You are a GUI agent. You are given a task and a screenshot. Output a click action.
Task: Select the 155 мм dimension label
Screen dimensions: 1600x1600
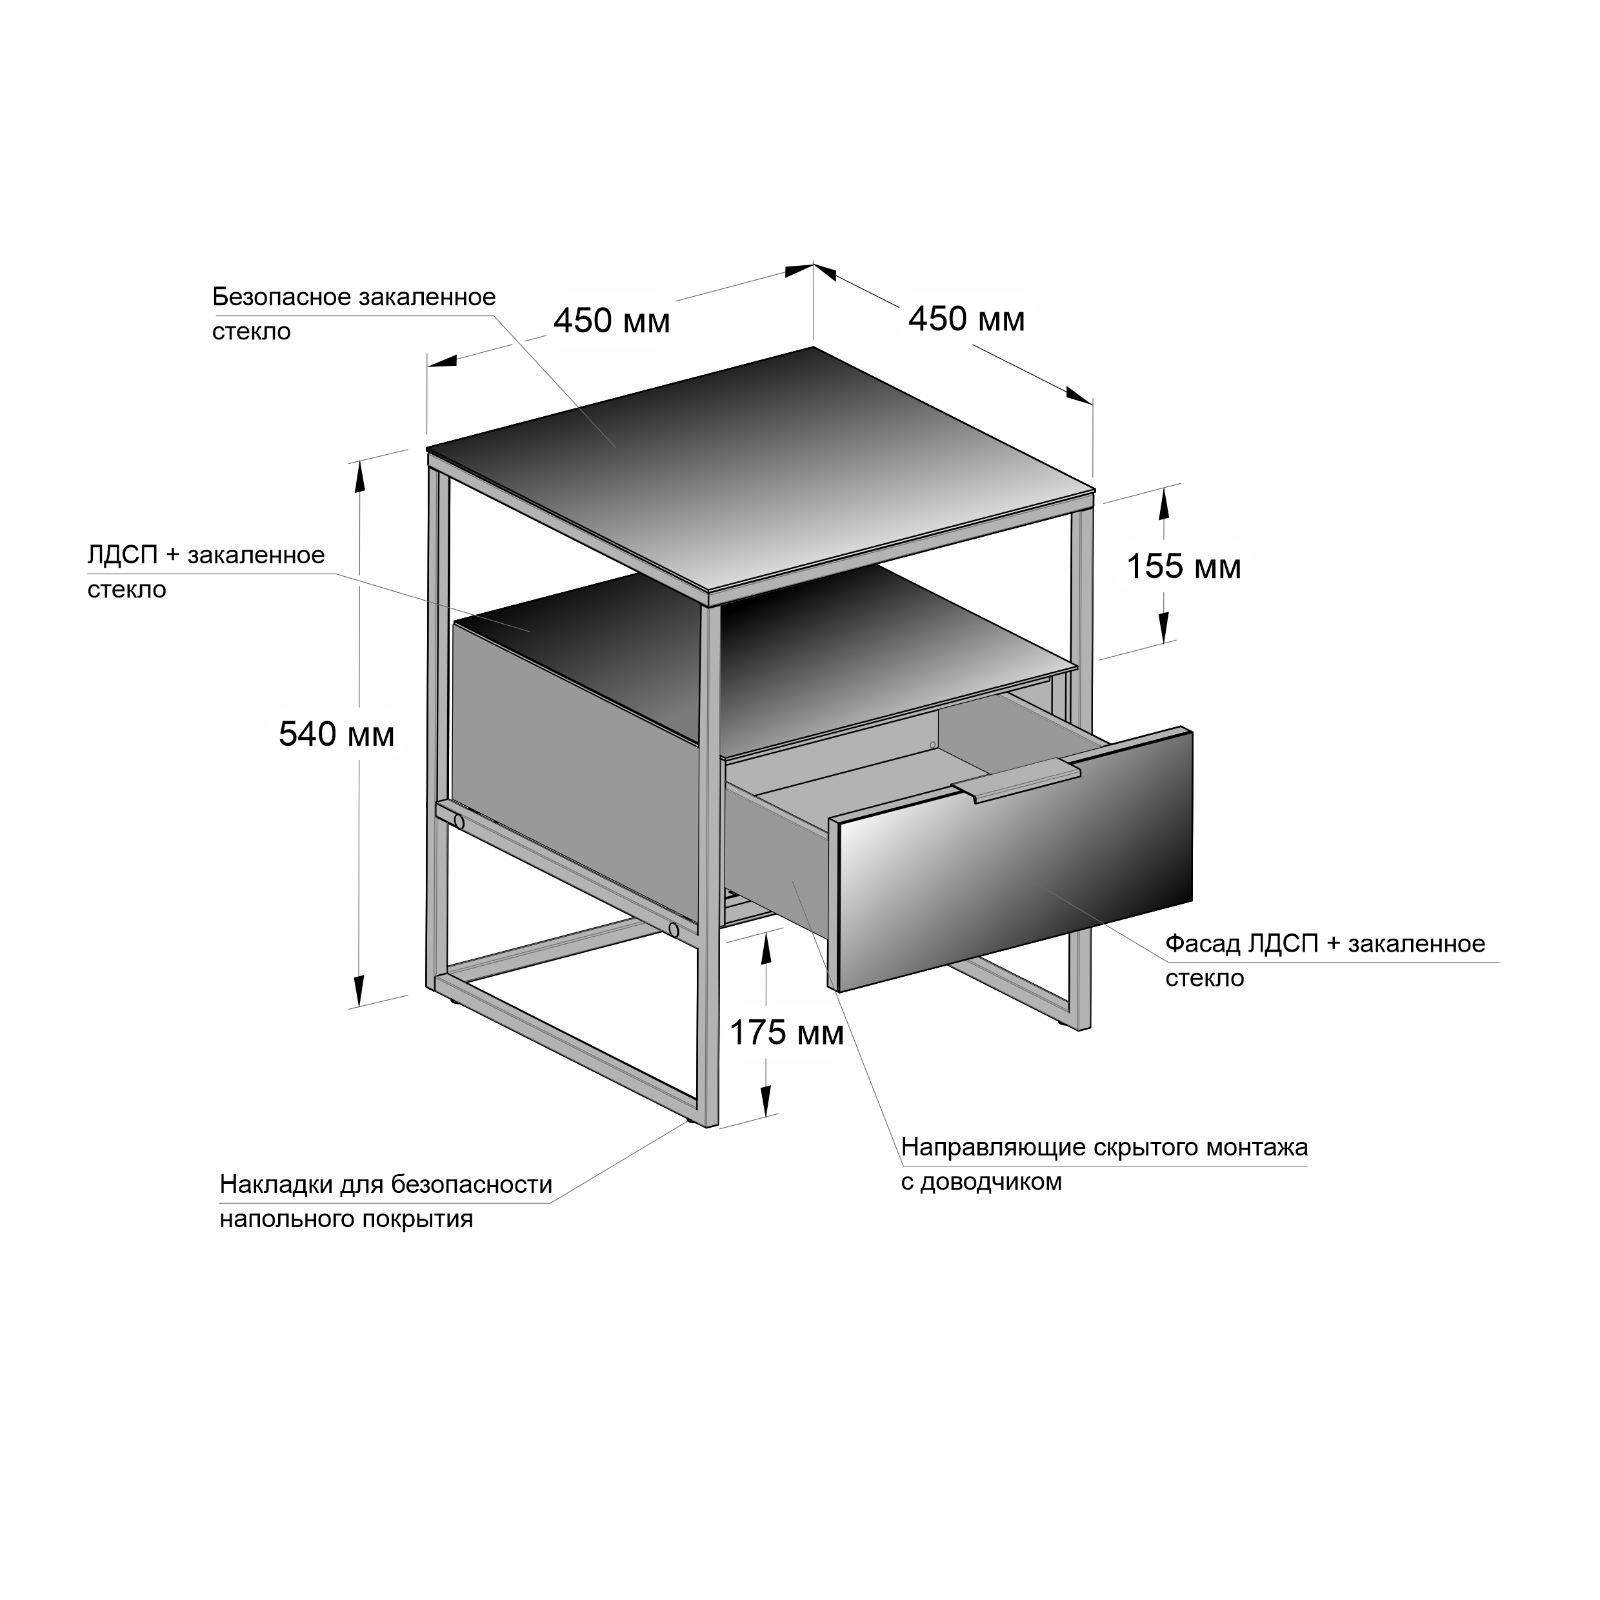point(1183,567)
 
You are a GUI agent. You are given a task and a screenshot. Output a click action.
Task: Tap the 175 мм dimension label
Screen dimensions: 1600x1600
point(786,1033)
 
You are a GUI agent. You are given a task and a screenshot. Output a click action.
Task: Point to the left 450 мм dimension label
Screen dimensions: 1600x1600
point(611,321)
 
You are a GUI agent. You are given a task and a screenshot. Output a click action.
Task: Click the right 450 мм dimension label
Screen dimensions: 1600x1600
point(966,319)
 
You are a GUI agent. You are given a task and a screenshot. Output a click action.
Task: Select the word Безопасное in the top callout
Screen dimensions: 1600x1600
point(280,297)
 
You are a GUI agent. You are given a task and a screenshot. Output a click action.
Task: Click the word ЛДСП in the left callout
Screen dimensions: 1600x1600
point(123,555)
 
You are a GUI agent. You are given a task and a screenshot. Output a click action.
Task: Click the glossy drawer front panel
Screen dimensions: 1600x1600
point(1016,861)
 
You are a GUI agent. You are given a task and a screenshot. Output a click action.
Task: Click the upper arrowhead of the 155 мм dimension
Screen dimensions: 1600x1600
point(1164,503)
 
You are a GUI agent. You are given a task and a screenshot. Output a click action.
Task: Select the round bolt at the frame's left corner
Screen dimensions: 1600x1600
point(459,821)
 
